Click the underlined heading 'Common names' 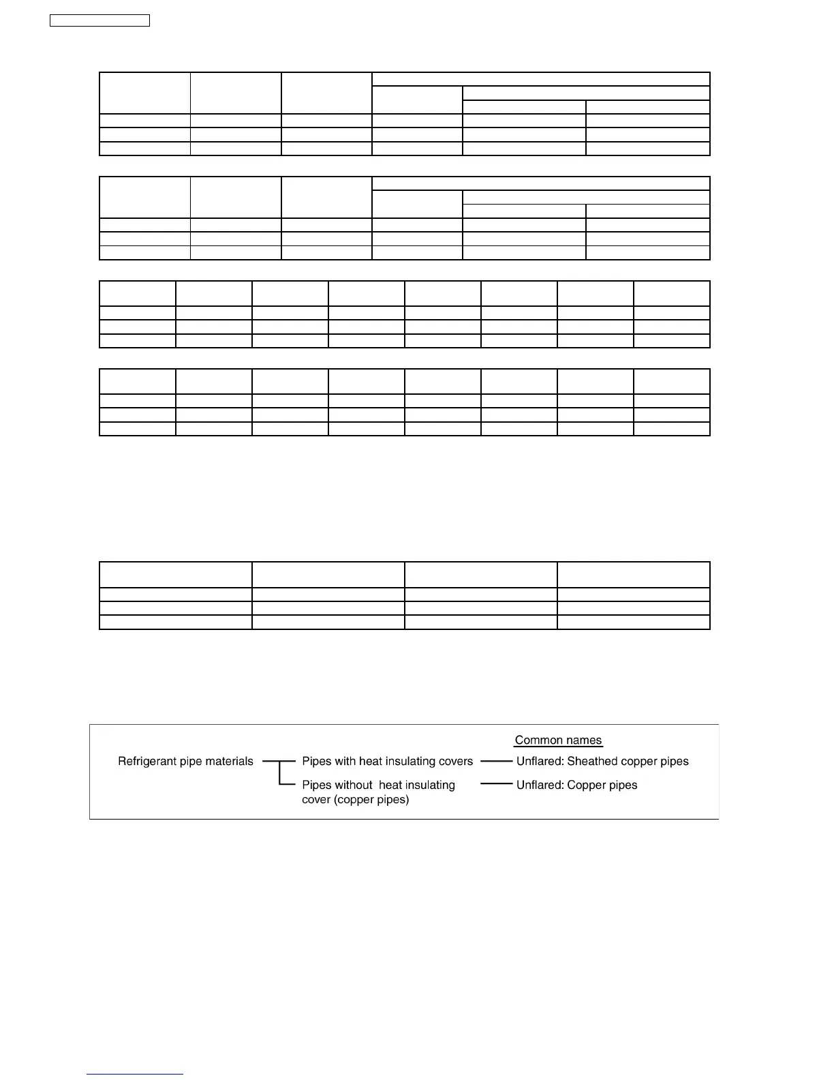point(558,740)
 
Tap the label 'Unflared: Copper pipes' point(576,785)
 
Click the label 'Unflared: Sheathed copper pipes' point(602,762)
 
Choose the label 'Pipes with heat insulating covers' point(387,762)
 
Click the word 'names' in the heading point(585,740)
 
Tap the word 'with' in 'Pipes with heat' point(345,762)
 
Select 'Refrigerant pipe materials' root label point(185,762)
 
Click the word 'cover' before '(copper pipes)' point(316,800)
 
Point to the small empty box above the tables point(99,20)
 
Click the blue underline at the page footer point(135,1075)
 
